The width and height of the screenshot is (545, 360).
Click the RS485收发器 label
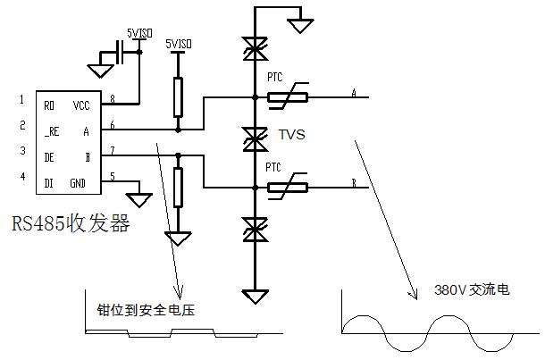click(71, 222)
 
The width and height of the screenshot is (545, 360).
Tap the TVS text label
click(292, 136)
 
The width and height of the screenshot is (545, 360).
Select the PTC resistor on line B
click(287, 187)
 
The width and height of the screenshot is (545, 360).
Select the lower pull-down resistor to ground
click(178, 187)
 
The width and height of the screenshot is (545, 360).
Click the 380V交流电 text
click(472, 290)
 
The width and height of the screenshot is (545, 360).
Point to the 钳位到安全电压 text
click(146, 310)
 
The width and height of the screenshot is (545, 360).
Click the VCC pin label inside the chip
click(81, 105)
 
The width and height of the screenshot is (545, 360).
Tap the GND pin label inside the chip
click(79, 183)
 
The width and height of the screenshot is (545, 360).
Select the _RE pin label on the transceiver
click(51, 130)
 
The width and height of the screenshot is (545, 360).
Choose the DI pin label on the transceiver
click(49, 183)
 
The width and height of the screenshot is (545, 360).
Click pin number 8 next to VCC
click(113, 98)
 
